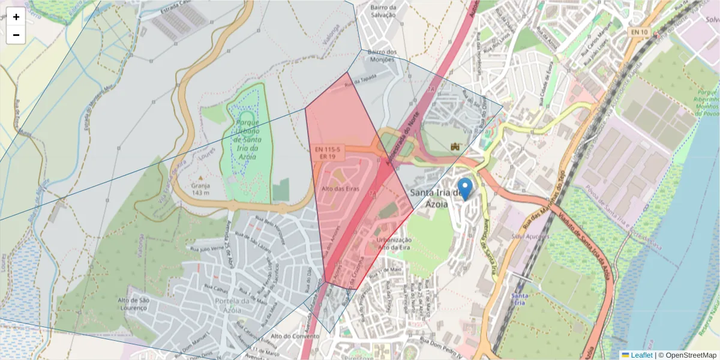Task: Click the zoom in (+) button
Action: tap(16, 17)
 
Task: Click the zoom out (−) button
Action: tap(16, 35)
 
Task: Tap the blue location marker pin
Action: tap(464, 189)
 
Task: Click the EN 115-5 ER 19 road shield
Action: tap(327, 152)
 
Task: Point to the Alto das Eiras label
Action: tap(340, 188)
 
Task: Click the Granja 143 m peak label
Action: tap(200, 189)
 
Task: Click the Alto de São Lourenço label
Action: tap(133, 304)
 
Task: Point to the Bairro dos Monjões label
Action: tap(382, 56)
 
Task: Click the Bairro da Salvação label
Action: tap(384, 11)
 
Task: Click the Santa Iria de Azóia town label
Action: tap(436, 198)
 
